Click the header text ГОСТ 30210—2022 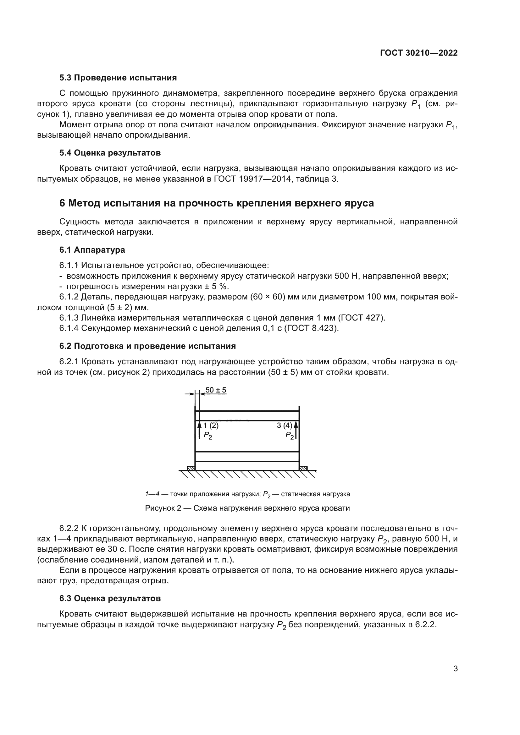pyautogui.click(x=418, y=53)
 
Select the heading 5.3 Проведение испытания pyautogui.click(x=118, y=78)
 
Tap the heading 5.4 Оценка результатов pyautogui.click(x=110, y=153)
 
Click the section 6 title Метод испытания pyautogui.click(x=216, y=203)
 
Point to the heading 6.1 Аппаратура pyautogui.click(x=92, y=250)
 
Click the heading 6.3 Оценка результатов pyautogui.click(x=110, y=598)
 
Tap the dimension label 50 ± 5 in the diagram pyautogui.click(x=215, y=390)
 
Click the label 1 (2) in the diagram pyautogui.click(x=211, y=425)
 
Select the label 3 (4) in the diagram pyautogui.click(x=284, y=425)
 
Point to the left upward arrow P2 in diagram pyautogui.click(x=200, y=430)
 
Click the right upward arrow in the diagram pyautogui.click(x=296, y=430)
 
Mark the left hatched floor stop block pyautogui.click(x=191, y=468)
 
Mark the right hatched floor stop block pyautogui.click(x=303, y=468)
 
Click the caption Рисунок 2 pyautogui.click(x=247, y=508)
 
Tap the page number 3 pyautogui.click(x=455, y=669)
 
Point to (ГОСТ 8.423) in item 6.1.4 pyautogui.click(x=311, y=328)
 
